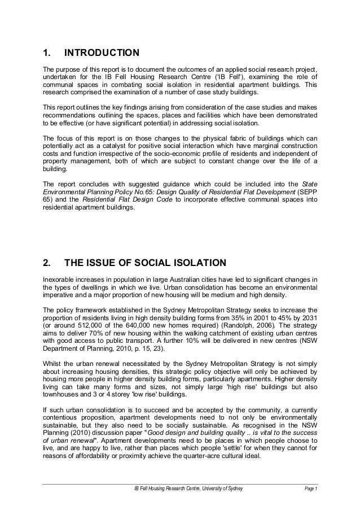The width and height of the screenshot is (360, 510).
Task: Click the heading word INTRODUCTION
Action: [102, 54]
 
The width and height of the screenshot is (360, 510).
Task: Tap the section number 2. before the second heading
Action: [47, 263]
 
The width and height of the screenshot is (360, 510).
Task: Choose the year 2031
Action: [309, 318]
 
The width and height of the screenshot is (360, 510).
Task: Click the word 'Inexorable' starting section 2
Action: [59, 278]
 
